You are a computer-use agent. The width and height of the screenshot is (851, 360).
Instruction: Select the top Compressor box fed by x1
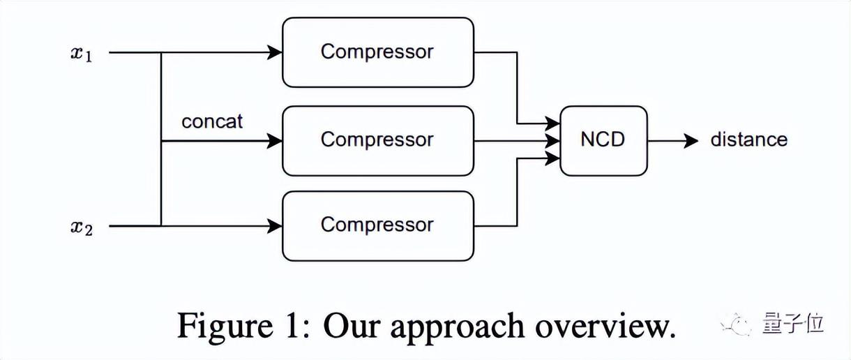pyautogui.click(x=377, y=52)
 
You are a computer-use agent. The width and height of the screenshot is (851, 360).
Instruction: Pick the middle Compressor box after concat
pyautogui.click(x=377, y=140)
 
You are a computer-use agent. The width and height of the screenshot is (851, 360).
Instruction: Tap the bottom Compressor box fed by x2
pyautogui.click(x=377, y=225)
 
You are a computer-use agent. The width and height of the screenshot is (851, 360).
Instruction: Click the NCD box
pyautogui.click(x=603, y=140)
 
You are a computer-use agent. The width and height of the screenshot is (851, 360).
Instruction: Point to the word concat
pyautogui.click(x=212, y=121)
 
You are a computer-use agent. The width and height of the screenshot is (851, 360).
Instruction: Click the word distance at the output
pyautogui.click(x=748, y=140)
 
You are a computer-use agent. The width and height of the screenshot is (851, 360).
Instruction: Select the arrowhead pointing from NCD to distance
pyautogui.click(x=691, y=141)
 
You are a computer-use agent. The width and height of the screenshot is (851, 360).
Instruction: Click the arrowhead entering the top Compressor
pyautogui.click(x=276, y=52)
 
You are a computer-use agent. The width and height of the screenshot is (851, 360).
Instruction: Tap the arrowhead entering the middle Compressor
pyautogui.click(x=276, y=141)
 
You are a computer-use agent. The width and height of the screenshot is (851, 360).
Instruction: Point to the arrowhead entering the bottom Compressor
pyautogui.click(x=276, y=226)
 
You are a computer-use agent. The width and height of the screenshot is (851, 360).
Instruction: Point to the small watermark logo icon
pyautogui.click(x=737, y=324)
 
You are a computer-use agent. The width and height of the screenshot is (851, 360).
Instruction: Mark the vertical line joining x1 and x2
pyautogui.click(x=161, y=140)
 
